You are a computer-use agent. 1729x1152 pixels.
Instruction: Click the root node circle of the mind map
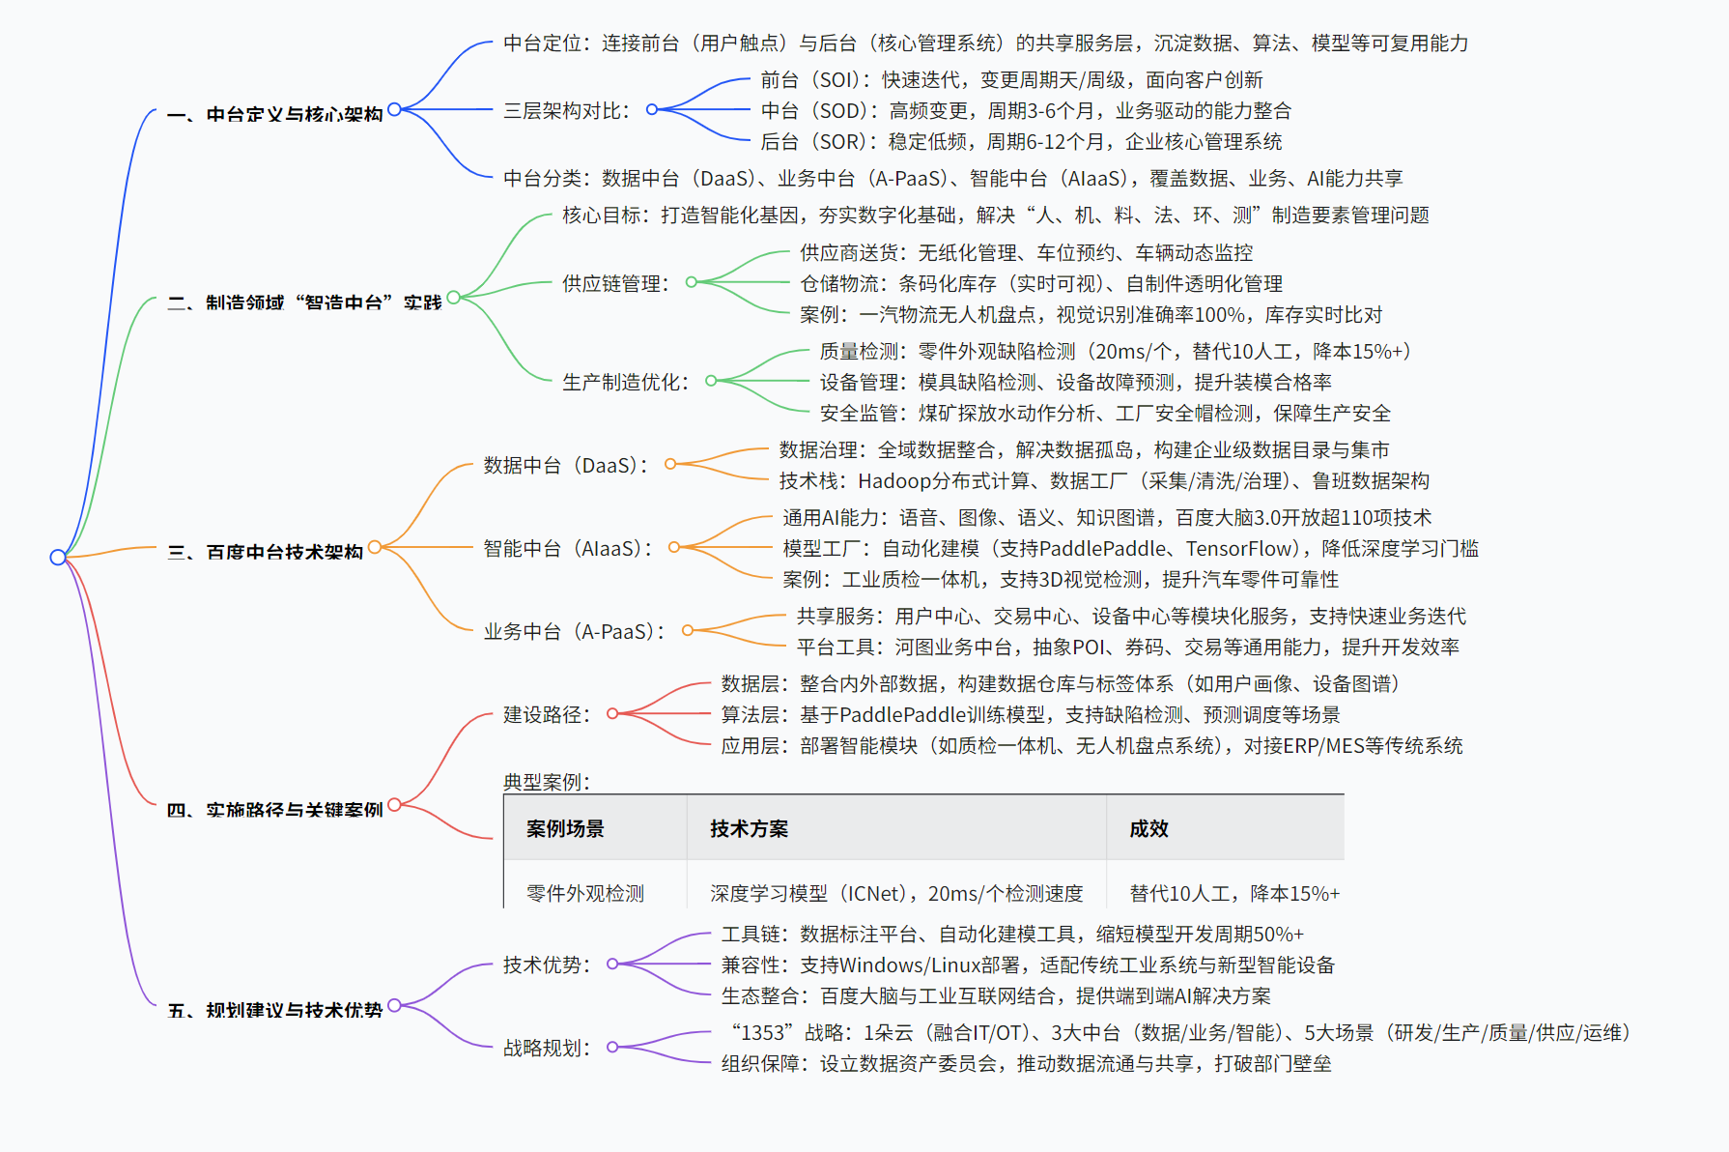tap(58, 557)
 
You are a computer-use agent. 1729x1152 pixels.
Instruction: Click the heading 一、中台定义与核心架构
tap(275, 115)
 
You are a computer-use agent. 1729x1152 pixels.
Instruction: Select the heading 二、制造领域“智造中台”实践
tap(304, 303)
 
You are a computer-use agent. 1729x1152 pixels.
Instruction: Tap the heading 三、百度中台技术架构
tap(266, 553)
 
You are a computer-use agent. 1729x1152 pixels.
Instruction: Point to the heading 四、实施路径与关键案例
tap(275, 810)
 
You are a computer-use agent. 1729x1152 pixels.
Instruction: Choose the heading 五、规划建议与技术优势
tap(275, 1011)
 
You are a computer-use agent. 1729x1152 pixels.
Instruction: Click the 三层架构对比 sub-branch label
tap(566, 111)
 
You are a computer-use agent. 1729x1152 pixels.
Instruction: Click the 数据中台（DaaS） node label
tap(566, 466)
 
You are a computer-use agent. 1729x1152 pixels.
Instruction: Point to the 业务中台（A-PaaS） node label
tap(575, 632)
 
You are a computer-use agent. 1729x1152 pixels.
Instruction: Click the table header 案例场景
tap(565, 829)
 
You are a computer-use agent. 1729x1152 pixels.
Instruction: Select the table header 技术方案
tap(749, 829)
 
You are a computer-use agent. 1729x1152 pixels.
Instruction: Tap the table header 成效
tap(1148, 829)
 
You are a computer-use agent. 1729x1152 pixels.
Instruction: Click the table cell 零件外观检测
tap(585, 894)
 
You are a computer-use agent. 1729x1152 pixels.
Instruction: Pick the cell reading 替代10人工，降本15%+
tap(1234, 894)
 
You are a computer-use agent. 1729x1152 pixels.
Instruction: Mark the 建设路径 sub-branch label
tap(547, 715)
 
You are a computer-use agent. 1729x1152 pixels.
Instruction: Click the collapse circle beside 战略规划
tap(612, 1047)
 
